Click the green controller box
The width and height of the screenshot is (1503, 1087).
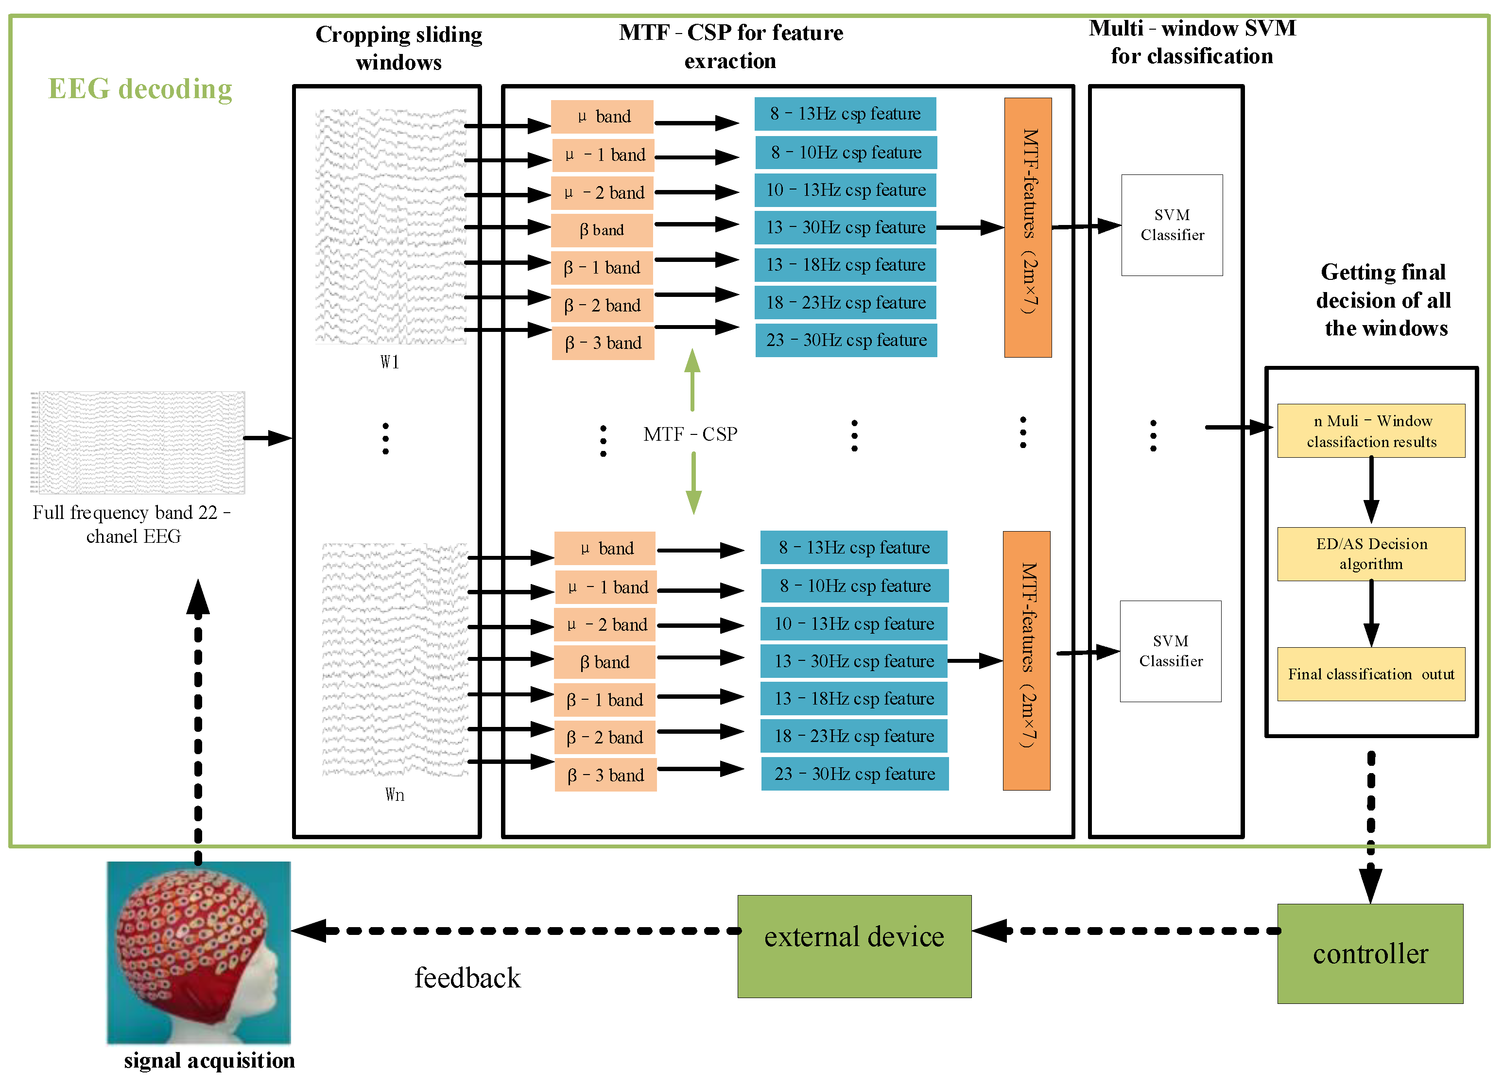(x=1369, y=953)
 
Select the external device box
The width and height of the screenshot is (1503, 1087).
(x=854, y=946)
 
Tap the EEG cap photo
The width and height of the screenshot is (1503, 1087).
(x=198, y=952)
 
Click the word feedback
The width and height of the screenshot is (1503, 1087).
(x=467, y=978)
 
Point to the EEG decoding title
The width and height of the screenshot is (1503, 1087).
(x=140, y=89)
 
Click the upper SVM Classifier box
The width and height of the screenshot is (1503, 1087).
(x=1171, y=224)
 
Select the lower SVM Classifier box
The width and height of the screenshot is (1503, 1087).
(x=1170, y=651)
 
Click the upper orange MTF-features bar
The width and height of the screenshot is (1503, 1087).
(x=1027, y=227)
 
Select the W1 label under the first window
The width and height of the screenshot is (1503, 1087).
(x=390, y=362)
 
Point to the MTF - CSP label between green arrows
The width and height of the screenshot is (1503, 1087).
(x=690, y=434)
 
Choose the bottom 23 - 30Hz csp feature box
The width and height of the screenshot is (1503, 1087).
(x=854, y=774)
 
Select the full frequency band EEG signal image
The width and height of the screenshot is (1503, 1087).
(x=137, y=442)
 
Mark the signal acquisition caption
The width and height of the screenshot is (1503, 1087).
(x=209, y=1060)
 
